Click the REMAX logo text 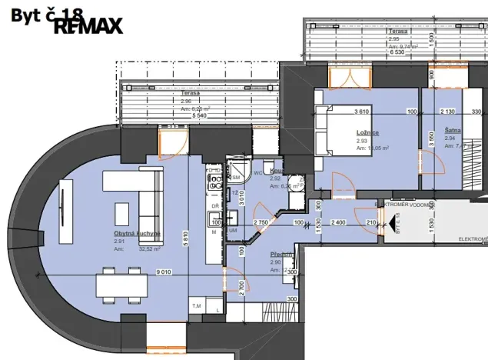tap(88, 25)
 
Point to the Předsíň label tap(279, 254)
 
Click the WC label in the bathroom tap(258, 173)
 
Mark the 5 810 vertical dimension tap(184, 238)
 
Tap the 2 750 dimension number tap(261, 223)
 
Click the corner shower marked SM tap(235, 173)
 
